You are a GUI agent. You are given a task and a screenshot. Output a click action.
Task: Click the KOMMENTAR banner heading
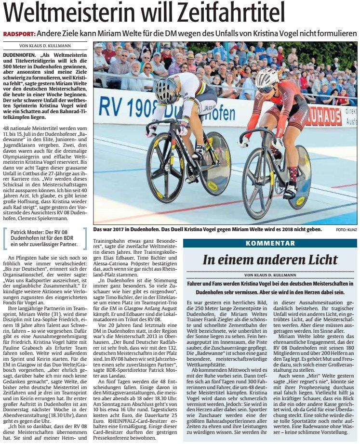(270, 243)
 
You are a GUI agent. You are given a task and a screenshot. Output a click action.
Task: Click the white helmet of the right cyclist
(267, 78)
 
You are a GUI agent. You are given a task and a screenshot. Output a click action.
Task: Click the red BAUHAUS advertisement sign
(337, 116)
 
